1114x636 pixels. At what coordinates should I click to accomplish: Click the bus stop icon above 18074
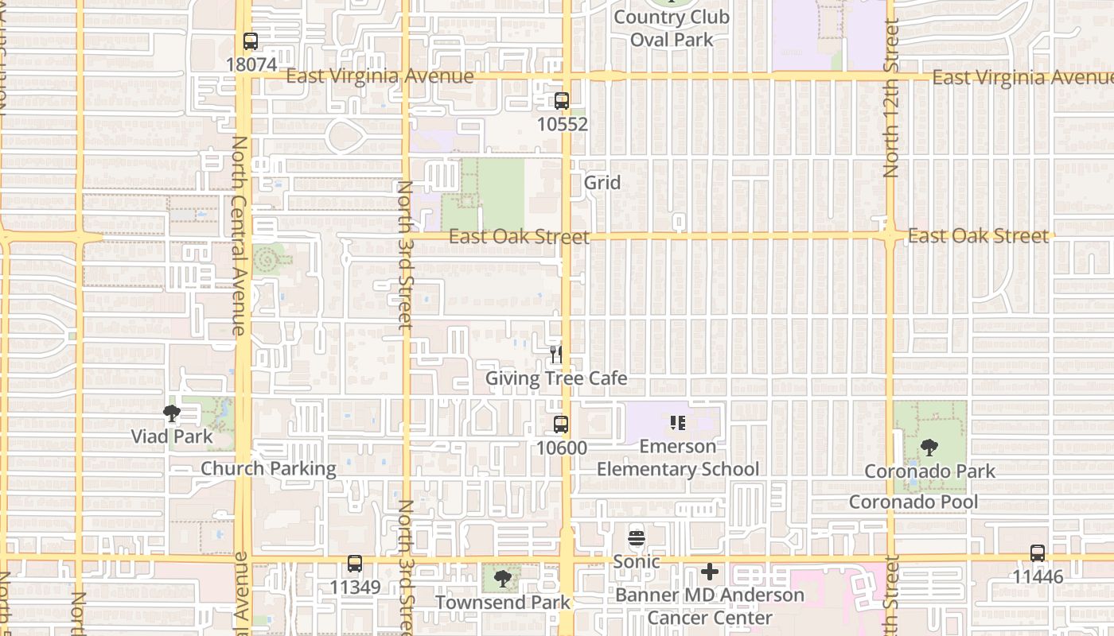pyautogui.click(x=251, y=41)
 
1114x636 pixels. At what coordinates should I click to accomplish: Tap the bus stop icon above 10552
pyautogui.click(x=562, y=101)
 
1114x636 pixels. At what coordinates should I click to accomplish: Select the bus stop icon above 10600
pyautogui.click(x=561, y=425)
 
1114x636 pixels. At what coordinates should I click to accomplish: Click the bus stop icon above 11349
pyautogui.click(x=355, y=564)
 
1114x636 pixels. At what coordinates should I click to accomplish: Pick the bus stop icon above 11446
pyautogui.click(x=1038, y=553)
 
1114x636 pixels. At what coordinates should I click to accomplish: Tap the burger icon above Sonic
pyautogui.click(x=636, y=538)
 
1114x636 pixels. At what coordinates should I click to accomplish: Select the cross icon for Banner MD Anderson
pyautogui.click(x=709, y=572)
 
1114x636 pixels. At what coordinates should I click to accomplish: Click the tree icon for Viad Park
pyautogui.click(x=171, y=413)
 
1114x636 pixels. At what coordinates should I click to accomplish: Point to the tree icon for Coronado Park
pyautogui.click(x=929, y=448)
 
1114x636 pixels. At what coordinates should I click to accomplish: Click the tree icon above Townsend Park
pyautogui.click(x=502, y=579)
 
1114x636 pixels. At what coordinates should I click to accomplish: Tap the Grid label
pyautogui.click(x=602, y=183)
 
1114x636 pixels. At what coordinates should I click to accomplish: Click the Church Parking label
pyautogui.click(x=268, y=468)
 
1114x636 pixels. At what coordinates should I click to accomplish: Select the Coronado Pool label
pyautogui.click(x=913, y=502)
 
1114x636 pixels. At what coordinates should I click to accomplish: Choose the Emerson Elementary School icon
pyautogui.click(x=678, y=423)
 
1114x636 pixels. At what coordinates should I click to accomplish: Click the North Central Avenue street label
pyautogui.click(x=240, y=235)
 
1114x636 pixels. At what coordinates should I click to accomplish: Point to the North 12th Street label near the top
pyautogui.click(x=891, y=99)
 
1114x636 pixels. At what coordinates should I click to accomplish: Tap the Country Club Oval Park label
pyautogui.click(x=672, y=29)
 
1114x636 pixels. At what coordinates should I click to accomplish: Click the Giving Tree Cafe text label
pyautogui.click(x=556, y=378)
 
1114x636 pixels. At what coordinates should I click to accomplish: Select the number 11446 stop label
pyautogui.click(x=1038, y=576)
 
